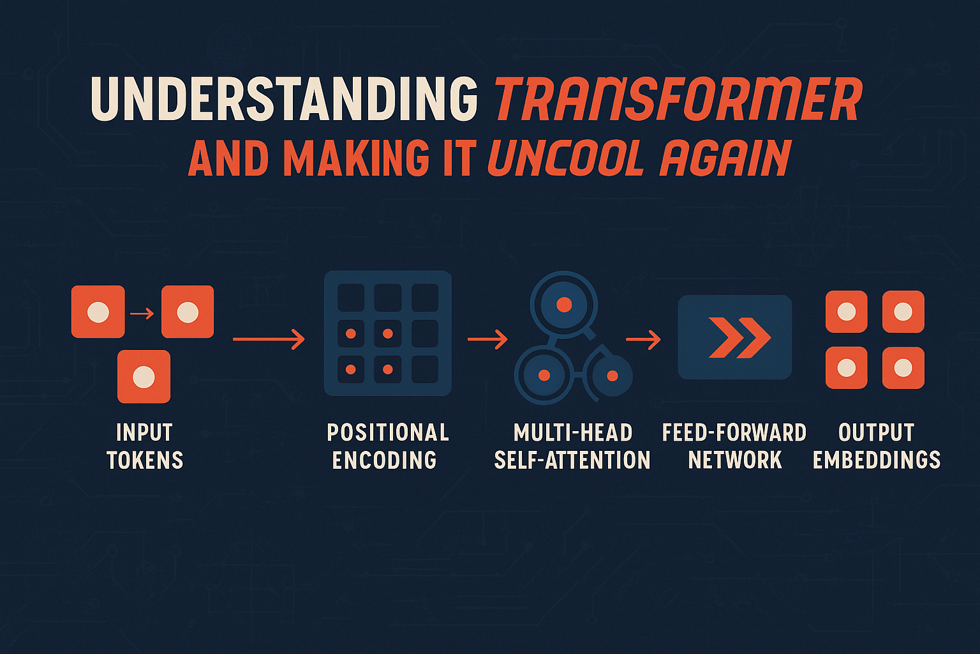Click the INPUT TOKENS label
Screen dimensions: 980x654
click(x=145, y=446)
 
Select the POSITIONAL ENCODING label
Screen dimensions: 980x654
click(x=388, y=446)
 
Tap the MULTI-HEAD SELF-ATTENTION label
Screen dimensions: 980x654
click(x=572, y=446)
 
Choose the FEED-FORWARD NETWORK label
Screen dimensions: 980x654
click(x=734, y=446)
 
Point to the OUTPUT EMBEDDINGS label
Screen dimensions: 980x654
click(x=876, y=446)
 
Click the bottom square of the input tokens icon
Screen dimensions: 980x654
click(x=144, y=376)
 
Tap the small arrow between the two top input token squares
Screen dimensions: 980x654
click(x=142, y=314)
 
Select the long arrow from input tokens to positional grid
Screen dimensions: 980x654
click(x=269, y=339)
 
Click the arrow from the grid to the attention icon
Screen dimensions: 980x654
click(x=487, y=339)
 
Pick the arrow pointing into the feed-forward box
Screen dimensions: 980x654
click(x=643, y=339)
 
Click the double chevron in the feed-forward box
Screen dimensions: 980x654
click(x=740, y=338)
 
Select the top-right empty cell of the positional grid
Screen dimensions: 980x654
click(x=425, y=298)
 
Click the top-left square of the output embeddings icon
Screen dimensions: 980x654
click(x=846, y=312)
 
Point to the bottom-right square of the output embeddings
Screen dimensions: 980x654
click(x=903, y=368)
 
